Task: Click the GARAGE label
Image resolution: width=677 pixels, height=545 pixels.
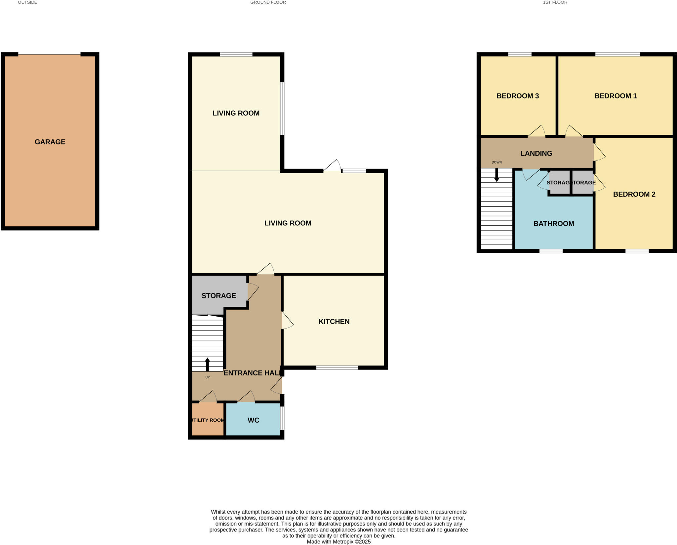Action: tap(50, 142)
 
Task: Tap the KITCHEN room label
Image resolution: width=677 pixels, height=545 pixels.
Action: tap(334, 321)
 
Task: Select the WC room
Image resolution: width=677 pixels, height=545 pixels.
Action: tap(253, 420)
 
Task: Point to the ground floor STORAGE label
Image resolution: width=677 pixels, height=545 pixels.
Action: tap(219, 295)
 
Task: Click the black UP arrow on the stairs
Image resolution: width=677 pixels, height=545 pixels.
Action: tap(208, 364)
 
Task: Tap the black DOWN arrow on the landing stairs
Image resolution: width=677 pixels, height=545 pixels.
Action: tap(497, 175)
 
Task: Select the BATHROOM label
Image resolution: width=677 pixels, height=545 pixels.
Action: tap(554, 223)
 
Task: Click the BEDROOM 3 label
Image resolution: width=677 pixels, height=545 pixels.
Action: tap(518, 96)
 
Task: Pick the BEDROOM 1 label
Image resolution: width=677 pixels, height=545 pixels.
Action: tap(616, 96)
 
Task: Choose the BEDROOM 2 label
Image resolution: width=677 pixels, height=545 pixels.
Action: tap(634, 194)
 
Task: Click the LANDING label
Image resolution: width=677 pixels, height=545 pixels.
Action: tap(536, 153)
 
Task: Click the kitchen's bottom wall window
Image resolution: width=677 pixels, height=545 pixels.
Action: tap(337, 368)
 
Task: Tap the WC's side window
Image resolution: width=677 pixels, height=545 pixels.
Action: tap(282, 418)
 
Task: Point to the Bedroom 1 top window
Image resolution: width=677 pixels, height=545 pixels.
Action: tap(617, 55)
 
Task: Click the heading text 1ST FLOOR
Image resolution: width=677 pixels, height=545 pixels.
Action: tap(555, 2)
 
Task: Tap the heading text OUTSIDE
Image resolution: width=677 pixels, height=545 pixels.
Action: tap(27, 2)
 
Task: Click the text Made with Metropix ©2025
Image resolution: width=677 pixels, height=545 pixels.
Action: tap(338, 542)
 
